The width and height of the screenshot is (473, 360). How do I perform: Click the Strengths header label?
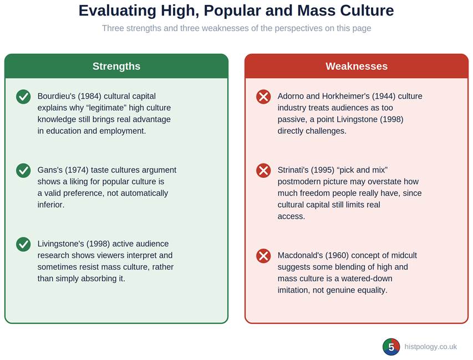tap(116, 66)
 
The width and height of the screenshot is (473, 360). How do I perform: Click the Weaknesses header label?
tap(357, 66)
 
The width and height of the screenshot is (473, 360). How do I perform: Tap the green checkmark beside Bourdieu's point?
tap(23, 97)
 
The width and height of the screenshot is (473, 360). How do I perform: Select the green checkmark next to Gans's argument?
tap(23, 171)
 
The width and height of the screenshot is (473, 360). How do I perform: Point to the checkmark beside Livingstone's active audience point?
tap(23, 245)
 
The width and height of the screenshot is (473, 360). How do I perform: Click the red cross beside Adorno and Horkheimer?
tap(263, 97)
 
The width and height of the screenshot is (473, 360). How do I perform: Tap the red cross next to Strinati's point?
tap(263, 171)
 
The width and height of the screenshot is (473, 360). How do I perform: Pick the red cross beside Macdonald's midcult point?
tap(263, 256)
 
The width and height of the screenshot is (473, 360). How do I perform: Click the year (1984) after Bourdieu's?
tap(90, 96)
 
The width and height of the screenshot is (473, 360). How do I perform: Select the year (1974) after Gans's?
tap(77, 170)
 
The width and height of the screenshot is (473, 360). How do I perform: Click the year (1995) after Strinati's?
tap(323, 170)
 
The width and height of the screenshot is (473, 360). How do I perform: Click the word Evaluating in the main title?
tap(118, 11)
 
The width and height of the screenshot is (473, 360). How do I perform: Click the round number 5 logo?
tap(391, 347)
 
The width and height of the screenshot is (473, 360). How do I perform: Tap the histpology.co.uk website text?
tap(430, 347)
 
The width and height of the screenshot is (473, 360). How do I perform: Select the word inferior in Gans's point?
tap(51, 205)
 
